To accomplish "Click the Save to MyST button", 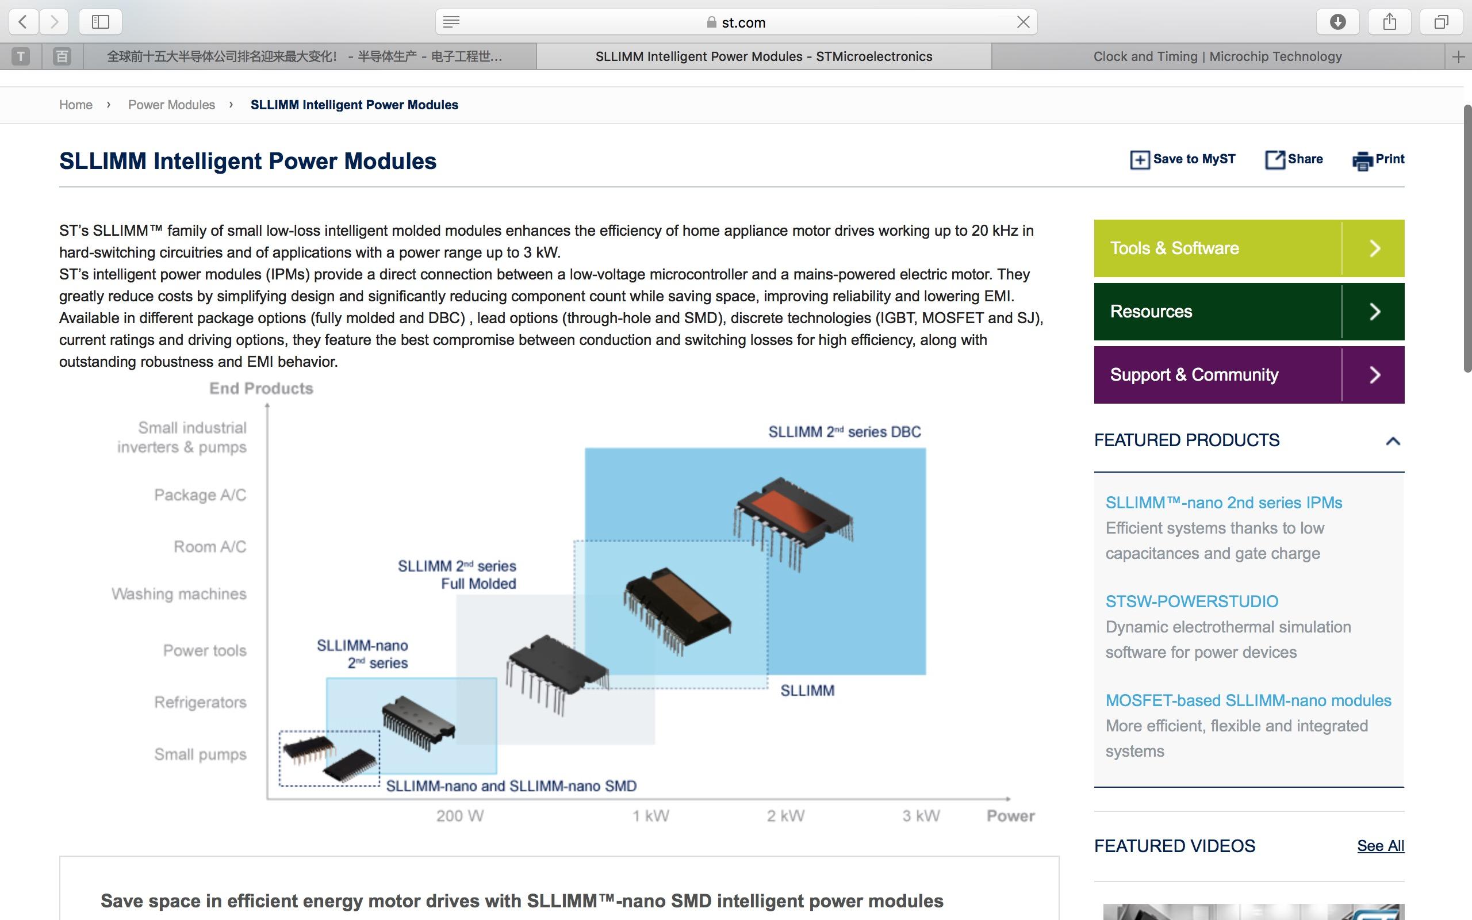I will tap(1183, 159).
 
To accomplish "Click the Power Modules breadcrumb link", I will tap(171, 105).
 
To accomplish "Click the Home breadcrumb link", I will tap(75, 105).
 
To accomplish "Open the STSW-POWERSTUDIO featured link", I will tap(1191, 601).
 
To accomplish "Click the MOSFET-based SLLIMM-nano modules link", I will tap(1248, 700).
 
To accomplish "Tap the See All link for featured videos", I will tap(1380, 846).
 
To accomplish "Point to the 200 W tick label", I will tap(460, 816).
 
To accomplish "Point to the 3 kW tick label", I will tap(921, 816).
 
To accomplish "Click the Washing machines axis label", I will tap(179, 594).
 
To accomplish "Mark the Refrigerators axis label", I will tap(200, 702).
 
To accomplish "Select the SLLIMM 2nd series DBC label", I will tap(844, 432).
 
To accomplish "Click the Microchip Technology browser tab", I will tap(1217, 56).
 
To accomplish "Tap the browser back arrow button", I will tap(23, 22).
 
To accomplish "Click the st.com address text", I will tap(743, 22).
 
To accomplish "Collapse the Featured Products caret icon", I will tap(1393, 441).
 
